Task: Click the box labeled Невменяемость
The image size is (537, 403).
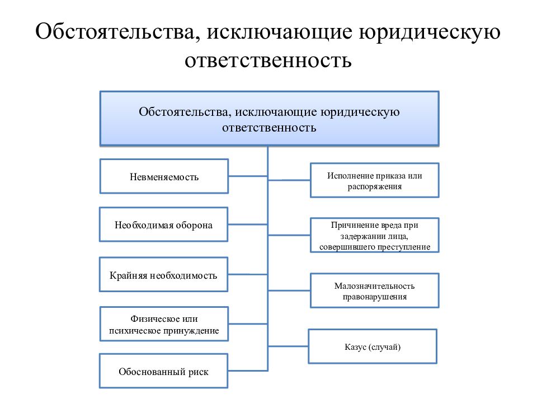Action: tap(164, 176)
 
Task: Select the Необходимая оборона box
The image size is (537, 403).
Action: tap(164, 224)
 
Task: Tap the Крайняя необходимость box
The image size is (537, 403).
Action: tap(164, 274)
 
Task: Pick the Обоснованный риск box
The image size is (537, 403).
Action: tap(164, 371)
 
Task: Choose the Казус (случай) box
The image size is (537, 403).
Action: tap(373, 346)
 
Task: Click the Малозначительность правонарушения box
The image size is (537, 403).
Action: tap(375, 290)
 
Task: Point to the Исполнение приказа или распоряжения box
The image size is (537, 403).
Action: tap(375, 180)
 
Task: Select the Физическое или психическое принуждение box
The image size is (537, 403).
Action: tap(164, 324)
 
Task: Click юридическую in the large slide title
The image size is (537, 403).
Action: tap(430, 32)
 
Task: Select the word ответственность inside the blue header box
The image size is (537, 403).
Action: tap(269, 128)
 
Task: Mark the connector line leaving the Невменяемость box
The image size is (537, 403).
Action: tap(248, 176)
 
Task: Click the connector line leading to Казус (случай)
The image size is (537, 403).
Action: tap(288, 346)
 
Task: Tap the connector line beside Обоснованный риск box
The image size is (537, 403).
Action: tap(248, 371)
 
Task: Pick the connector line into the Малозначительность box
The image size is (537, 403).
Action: tap(289, 290)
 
